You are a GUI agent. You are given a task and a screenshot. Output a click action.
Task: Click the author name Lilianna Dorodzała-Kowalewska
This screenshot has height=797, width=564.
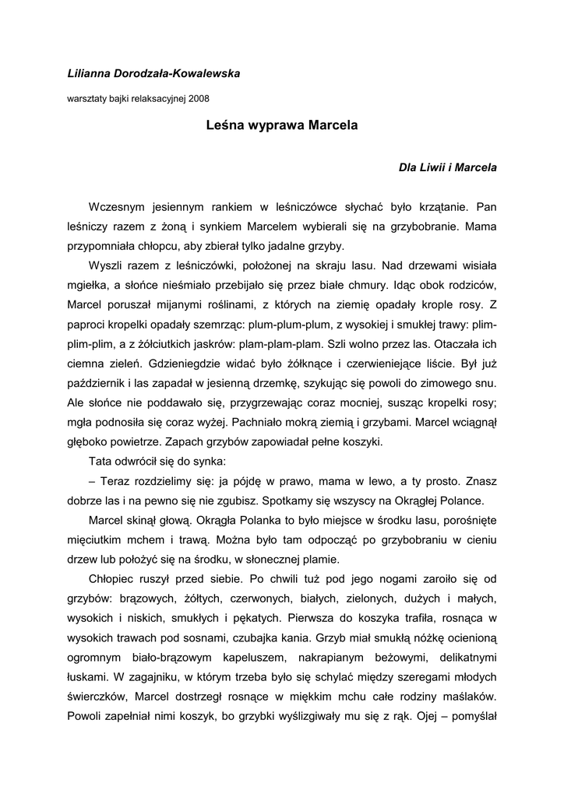pos(153,73)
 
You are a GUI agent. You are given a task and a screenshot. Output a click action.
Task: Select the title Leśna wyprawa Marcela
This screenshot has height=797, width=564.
pos(282,125)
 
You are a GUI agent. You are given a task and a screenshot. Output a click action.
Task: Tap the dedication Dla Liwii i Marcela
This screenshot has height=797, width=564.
pos(447,167)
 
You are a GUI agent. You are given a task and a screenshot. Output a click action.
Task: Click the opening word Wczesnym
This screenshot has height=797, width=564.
pos(117,208)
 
